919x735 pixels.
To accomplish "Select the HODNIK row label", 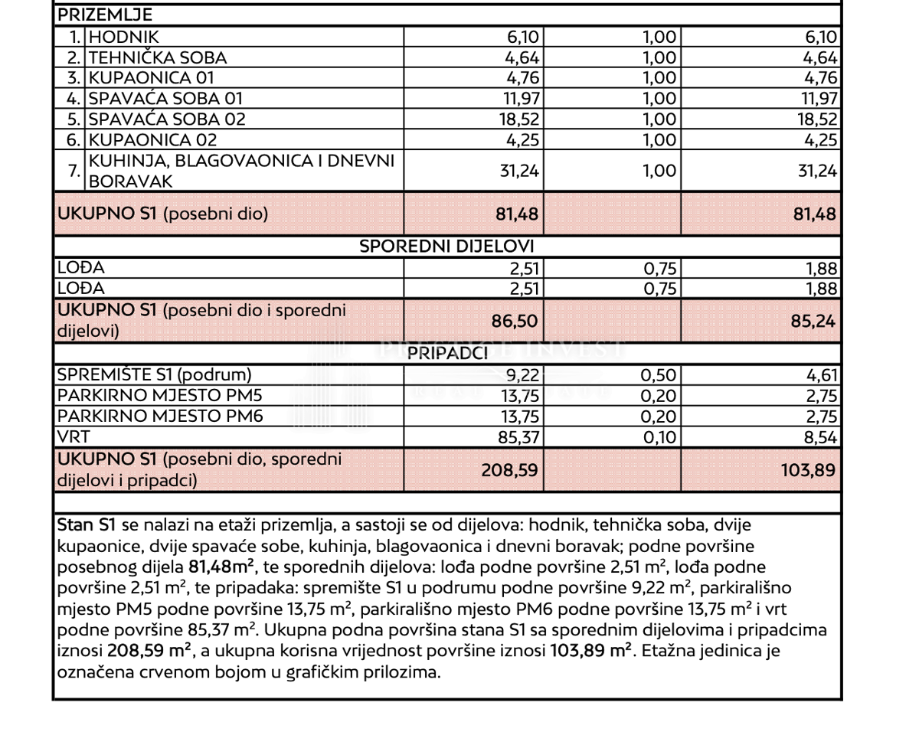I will tap(123, 37).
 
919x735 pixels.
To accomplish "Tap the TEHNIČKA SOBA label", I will tap(158, 57).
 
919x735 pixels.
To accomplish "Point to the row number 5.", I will tap(74, 119).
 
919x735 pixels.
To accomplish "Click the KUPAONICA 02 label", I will tap(153, 140).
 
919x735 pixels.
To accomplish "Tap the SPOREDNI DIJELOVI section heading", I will tap(447, 247).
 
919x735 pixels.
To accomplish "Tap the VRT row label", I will tap(74, 437).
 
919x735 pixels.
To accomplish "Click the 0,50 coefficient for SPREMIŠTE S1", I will tap(659, 375).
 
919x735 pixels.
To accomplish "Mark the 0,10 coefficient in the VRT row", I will tap(659, 438).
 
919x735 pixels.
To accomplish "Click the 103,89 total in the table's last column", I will tap(809, 469).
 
